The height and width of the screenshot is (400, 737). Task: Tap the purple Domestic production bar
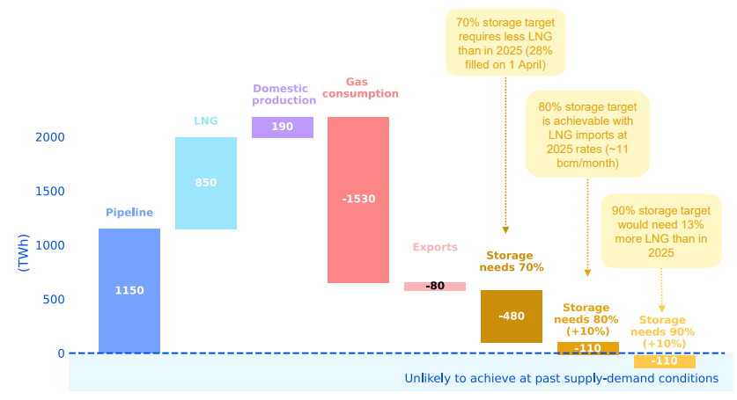283,127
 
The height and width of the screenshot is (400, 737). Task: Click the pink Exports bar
435,287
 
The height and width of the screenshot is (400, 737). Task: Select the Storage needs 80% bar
588,348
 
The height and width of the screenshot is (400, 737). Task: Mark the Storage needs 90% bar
665,361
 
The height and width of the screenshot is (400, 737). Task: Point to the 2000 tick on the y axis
50,137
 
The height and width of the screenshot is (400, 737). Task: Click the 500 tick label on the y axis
55,300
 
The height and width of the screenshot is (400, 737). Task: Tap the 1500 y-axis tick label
50,192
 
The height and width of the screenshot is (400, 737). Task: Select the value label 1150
129,290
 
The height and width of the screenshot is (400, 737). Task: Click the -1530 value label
358,199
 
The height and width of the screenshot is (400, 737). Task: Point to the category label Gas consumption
359,87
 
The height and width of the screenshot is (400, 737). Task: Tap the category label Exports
435,248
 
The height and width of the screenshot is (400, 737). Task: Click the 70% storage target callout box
505,41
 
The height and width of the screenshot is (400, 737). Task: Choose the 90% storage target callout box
661,229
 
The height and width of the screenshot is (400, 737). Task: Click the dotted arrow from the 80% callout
588,224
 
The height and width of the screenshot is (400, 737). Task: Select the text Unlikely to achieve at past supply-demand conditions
568,379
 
